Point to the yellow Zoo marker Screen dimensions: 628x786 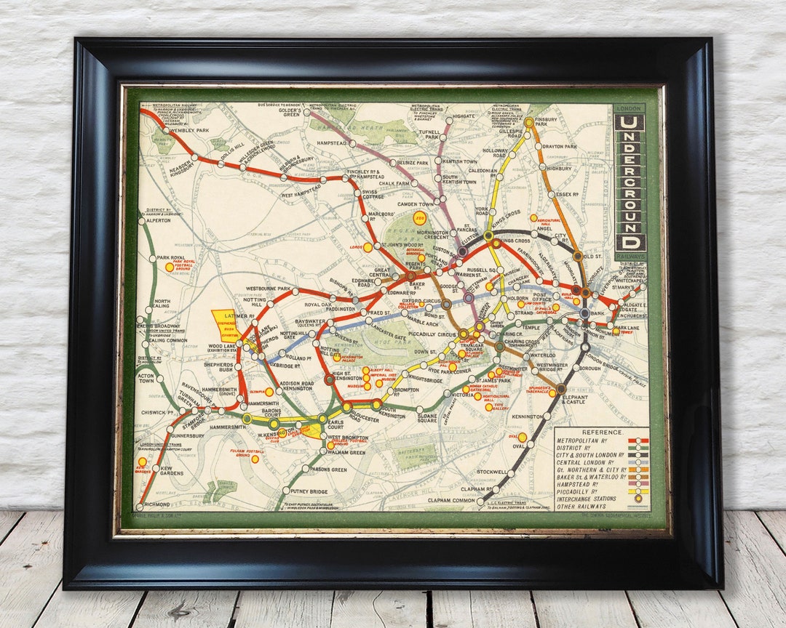pos(419,218)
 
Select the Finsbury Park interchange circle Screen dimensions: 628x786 pos(529,123)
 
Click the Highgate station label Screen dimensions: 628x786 pos(464,116)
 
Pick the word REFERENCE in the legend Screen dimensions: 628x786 pos(602,432)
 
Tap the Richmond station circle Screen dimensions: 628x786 pos(139,507)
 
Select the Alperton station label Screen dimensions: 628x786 pos(158,220)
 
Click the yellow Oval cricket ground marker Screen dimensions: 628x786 pos(522,437)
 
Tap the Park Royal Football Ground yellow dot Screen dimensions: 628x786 pos(169,267)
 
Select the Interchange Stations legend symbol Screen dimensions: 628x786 pos(638,498)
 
